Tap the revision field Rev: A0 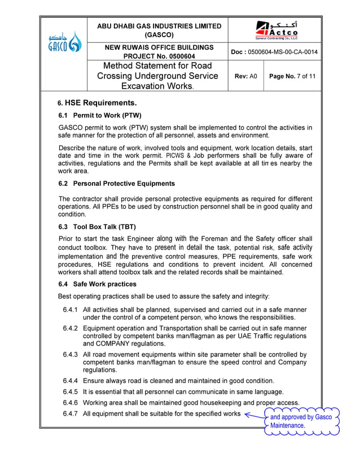[245, 76]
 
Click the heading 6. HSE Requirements [98, 103]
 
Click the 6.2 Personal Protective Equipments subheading [117, 183]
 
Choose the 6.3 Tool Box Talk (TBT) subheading [98, 227]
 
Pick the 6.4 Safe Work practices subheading [98, 284]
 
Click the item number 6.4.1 [71, 310]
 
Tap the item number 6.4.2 [71, 328]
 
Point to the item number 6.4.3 [71, 355]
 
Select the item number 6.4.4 [71, 381]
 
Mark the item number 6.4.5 [71, 392]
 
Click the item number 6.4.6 [71, 403]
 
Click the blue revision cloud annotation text [300, 421]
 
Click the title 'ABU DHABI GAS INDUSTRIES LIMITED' [159, 26]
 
